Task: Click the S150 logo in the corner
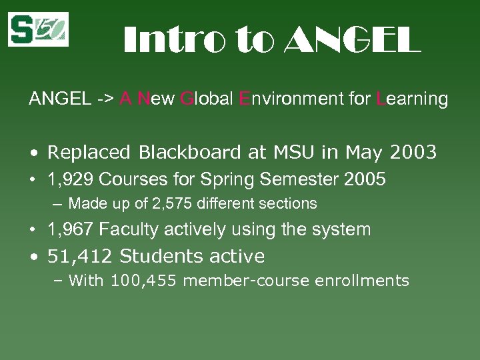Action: point(38,29)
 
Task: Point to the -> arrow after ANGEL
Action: point(104,99)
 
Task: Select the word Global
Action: point(207,99)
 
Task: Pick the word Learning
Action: point(411,99)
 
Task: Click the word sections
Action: point(290,203)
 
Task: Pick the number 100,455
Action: point(144,281)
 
